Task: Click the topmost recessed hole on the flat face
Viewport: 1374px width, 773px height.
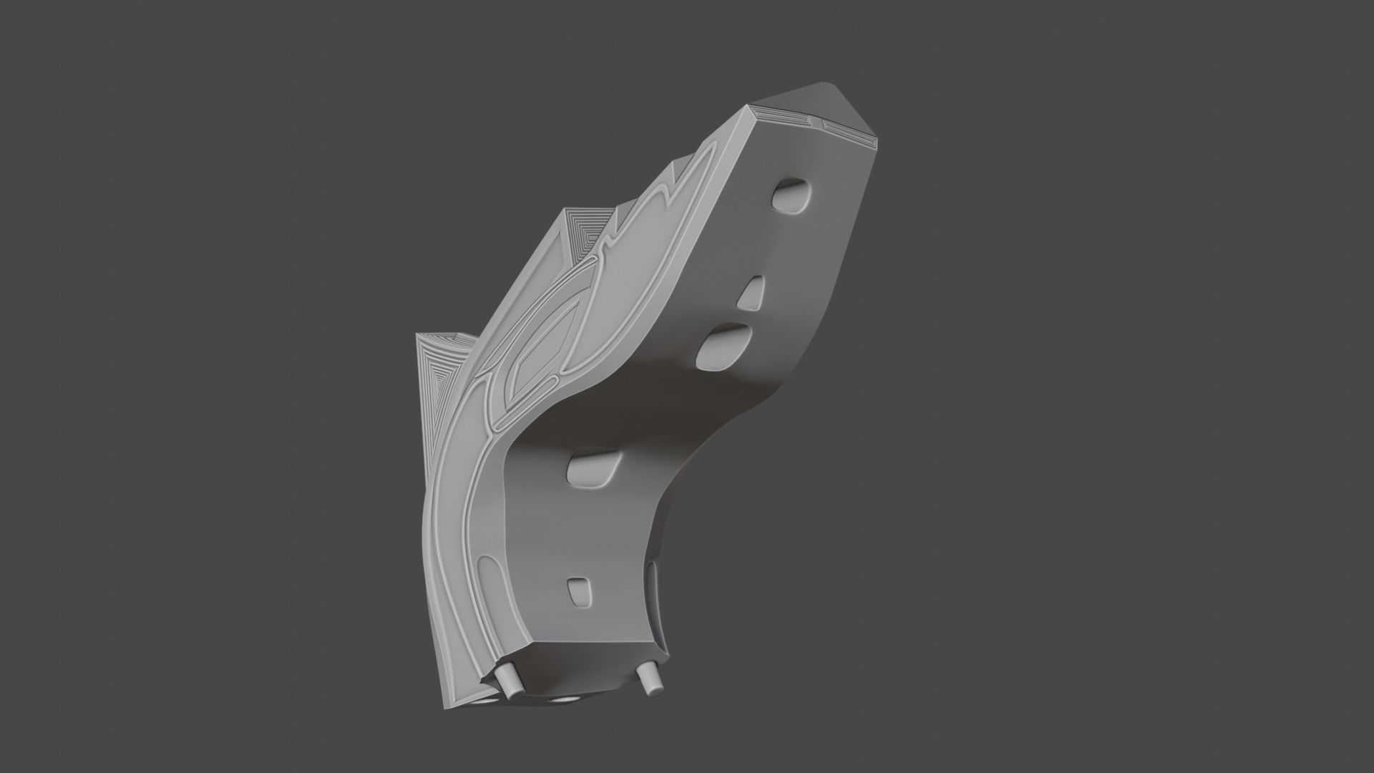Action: pyautogui.click(x=792, y=195)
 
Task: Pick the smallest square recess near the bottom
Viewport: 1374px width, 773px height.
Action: pyautogui.click(x=580, y=591)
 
